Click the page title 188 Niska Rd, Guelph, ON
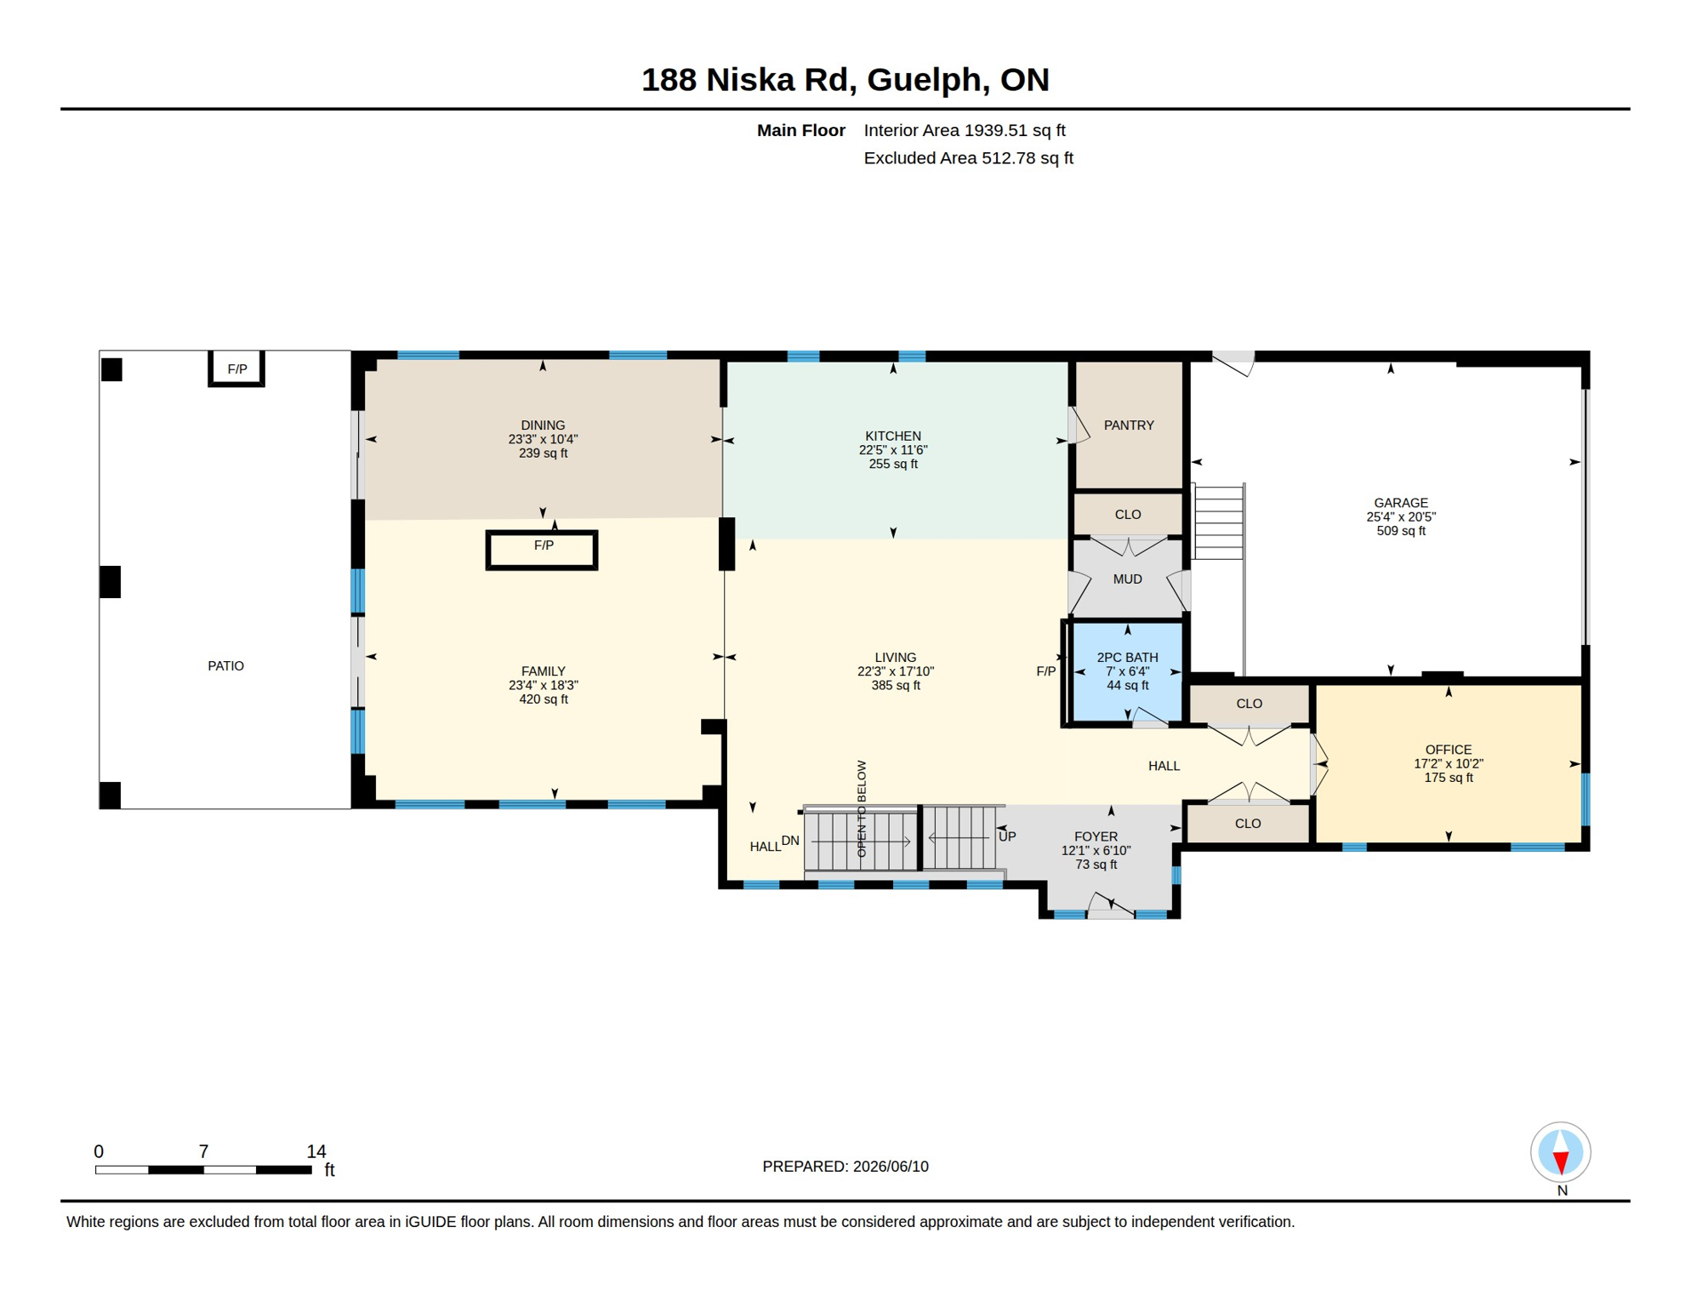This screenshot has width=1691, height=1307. point(845,80)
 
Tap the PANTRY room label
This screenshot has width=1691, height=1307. point(1129,425)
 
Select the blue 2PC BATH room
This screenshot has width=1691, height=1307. point(1127,672)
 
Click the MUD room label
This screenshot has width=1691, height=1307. point(1127,579)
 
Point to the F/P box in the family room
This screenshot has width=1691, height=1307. point(542,550)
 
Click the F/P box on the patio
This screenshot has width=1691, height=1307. point(236,368)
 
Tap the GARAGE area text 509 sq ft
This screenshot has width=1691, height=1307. point(1401,531)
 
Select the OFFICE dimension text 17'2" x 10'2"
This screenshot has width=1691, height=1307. point(1449,764)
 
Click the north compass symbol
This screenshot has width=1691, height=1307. point(1561,1152)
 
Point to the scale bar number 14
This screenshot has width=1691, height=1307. point(316,1151)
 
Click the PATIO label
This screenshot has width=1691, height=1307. point(225,666)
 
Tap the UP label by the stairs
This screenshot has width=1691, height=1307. point(1007,836)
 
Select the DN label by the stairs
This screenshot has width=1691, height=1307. point(790,841)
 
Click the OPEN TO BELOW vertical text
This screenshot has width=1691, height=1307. point(862,808)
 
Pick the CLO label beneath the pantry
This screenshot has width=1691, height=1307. point(1128,515)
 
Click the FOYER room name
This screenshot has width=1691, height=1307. point(1096,836)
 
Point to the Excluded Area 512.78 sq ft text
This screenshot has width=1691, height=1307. point(968,158)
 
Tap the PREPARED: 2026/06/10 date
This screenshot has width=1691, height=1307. point(845,1167)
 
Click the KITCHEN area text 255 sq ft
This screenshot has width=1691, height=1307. point(893,464)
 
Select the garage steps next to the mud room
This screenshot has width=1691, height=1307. point(1219,522)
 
